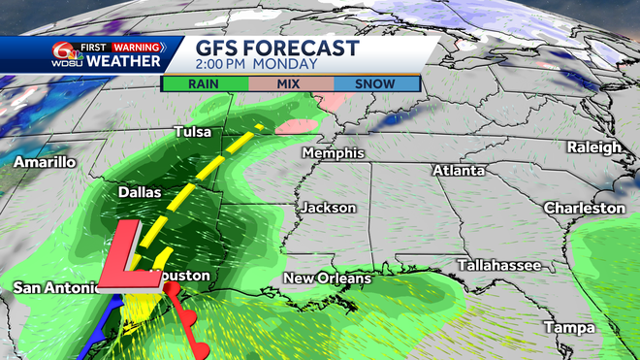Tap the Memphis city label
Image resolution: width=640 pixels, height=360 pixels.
333,153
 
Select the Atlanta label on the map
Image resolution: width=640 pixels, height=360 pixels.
458,170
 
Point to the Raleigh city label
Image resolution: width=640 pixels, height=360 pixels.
594,147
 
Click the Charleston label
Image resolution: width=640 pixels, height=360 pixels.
584,209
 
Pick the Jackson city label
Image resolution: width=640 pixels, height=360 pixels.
328,208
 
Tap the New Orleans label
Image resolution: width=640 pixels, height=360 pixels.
327,278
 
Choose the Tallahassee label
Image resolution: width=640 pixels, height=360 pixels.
497,264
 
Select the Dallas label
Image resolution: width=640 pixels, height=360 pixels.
139,193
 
